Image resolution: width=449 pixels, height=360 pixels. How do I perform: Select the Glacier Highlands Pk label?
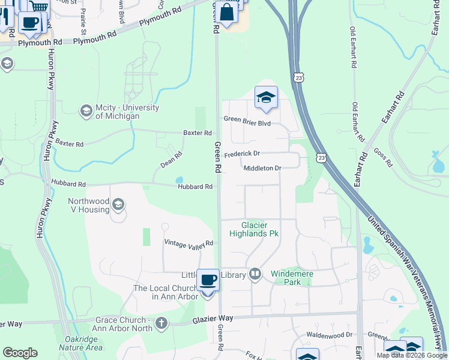tap(254, 229)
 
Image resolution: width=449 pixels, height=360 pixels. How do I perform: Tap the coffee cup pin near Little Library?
tap(208, 280)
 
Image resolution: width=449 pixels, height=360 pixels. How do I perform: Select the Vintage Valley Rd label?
tap(189, 243)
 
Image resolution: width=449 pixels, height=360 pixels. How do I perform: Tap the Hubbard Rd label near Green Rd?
tap(195, 187)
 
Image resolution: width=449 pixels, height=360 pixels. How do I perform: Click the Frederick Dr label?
tap(242, 154)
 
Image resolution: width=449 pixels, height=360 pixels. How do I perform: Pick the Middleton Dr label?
tap(262, 169)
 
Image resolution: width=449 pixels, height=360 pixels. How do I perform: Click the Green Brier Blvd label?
tap(247, 123)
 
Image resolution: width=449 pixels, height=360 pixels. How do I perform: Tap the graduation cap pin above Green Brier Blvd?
tap(266, 98)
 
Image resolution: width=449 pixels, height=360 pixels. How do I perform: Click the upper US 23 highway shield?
tap(298, 77)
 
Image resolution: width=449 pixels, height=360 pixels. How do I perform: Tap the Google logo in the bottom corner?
tap(20, 353)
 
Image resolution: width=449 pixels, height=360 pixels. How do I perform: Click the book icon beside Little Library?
tap(255, 274)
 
